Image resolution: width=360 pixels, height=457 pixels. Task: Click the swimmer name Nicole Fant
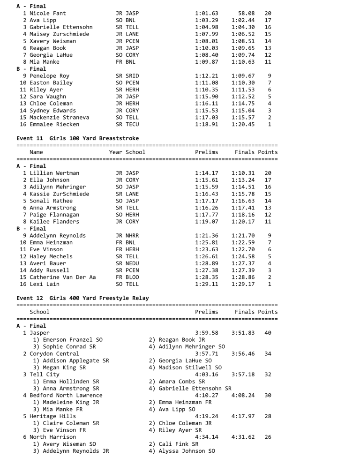43,14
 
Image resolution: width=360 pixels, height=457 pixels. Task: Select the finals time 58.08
240,14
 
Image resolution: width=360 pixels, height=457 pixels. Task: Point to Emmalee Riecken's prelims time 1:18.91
206,125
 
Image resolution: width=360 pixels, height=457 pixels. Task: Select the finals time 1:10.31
243,173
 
